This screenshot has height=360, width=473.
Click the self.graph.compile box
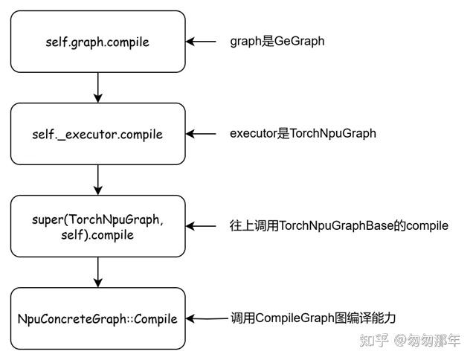(x=97, y=42)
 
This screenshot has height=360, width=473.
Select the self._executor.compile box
(x=97, y=134)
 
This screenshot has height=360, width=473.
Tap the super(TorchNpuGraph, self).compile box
(x=97, y=226)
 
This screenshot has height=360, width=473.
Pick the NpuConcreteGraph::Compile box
(x=97, y=318)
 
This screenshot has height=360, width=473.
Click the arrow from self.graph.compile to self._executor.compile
(x=97, y=88)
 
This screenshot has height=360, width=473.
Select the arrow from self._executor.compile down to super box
(x=97, y=180)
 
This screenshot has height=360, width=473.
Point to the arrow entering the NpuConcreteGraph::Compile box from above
(x=97, y=272)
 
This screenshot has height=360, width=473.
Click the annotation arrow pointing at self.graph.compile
(x=201, y=42)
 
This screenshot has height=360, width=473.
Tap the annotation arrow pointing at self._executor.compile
(x=201, y=134)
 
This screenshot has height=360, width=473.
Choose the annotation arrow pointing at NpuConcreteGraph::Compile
(x=208, y=318)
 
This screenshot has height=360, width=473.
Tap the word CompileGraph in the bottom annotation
(x=291, y=318)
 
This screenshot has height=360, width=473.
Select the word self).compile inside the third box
(x=98, y=235)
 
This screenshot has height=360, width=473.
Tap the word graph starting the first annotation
(x=245, y=42)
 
